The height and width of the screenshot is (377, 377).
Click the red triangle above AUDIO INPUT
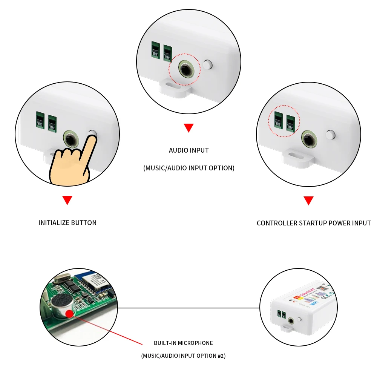click(x=188, y=128)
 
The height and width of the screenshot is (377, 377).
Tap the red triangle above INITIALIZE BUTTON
click(x=67, y=200)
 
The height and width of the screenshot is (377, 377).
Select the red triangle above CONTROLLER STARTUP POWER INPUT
click(x=309, y=201)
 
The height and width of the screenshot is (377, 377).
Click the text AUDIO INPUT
click(x=188, y=150)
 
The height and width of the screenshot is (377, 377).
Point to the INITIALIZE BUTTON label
click(x=67, y=223)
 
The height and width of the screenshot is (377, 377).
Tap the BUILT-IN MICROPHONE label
click(x=183, y=343)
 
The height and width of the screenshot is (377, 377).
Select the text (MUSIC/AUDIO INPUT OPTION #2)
click(x=183, y=356)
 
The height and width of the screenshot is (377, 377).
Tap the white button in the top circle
click(x=207, y=64)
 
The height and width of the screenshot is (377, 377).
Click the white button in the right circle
click(x=330, y=135)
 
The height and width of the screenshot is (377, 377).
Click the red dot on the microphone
click(x=69, y=314)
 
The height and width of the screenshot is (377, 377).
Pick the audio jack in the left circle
click(x=70, y=139)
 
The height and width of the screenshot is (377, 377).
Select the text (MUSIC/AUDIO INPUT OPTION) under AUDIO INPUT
click(x=188, y=168)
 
